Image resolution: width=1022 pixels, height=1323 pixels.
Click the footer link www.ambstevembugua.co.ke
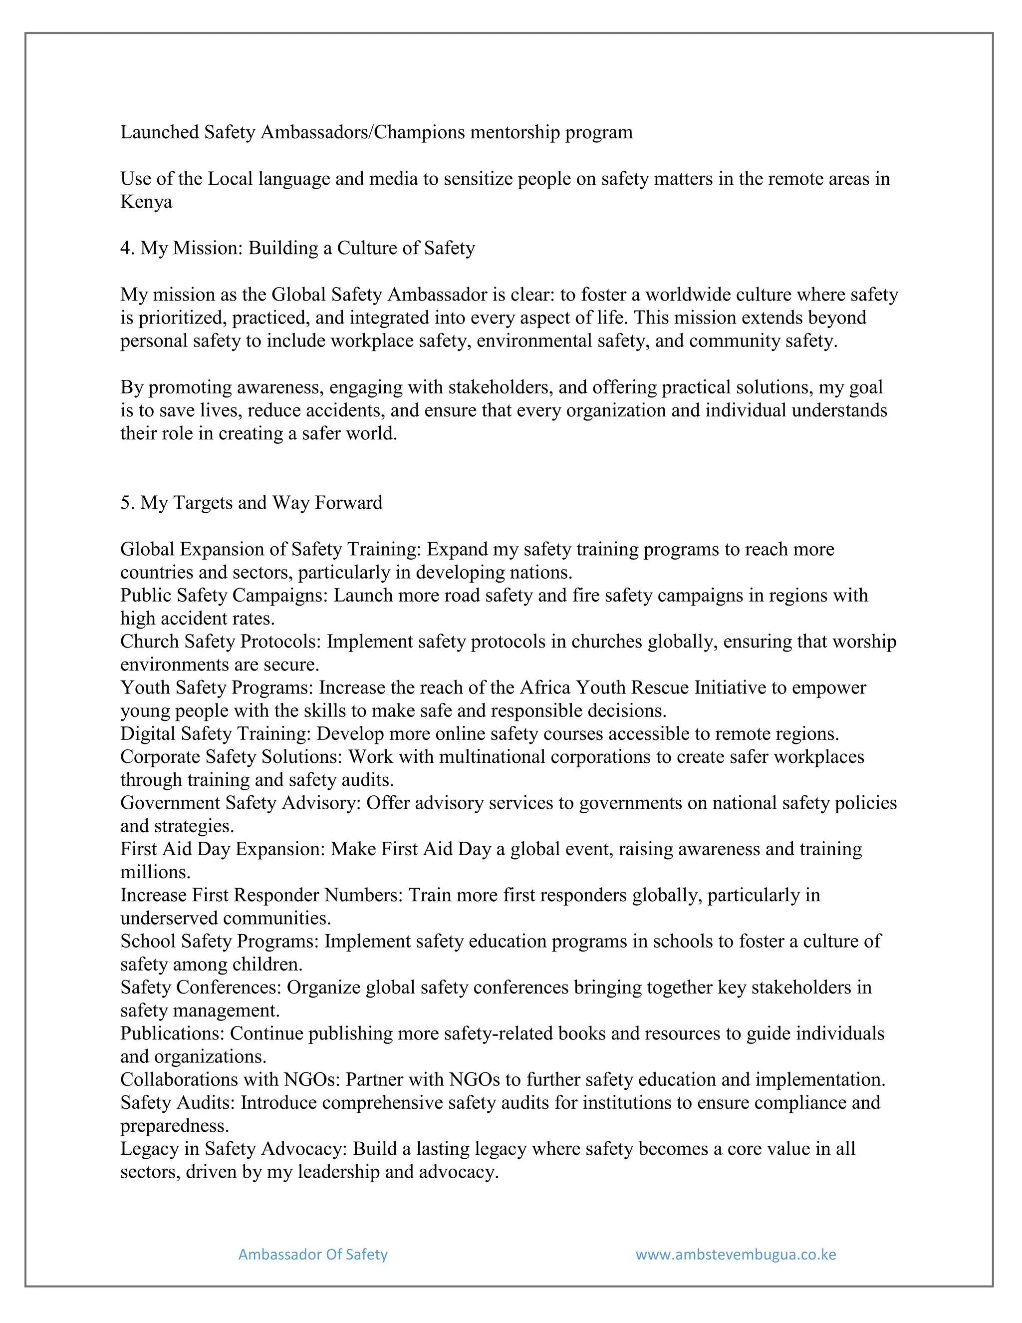click(x=736, y=1254)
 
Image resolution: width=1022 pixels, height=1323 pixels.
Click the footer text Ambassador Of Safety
click(x=312, y=1254)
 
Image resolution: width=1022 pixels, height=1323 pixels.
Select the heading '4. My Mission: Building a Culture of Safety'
click(x=297, y=248)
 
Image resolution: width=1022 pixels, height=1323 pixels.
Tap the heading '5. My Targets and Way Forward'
click(x=252, y=502)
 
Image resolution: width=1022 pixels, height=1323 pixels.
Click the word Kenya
click(x=146, y=202)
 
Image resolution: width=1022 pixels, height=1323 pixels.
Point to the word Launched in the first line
click(x=159, y=132)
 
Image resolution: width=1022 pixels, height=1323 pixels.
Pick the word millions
click(x=155, y=872)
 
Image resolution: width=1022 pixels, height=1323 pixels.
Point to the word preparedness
click(x=174, y=1125)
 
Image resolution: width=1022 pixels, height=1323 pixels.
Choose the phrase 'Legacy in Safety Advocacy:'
click(x=234, y=1149)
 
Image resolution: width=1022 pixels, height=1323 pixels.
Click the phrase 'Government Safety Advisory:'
click(x=241, y=803)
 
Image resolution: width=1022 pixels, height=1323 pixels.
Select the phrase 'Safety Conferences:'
click(x=201, y=987)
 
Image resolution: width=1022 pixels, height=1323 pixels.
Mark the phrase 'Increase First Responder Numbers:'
click(x=261, y=895)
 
